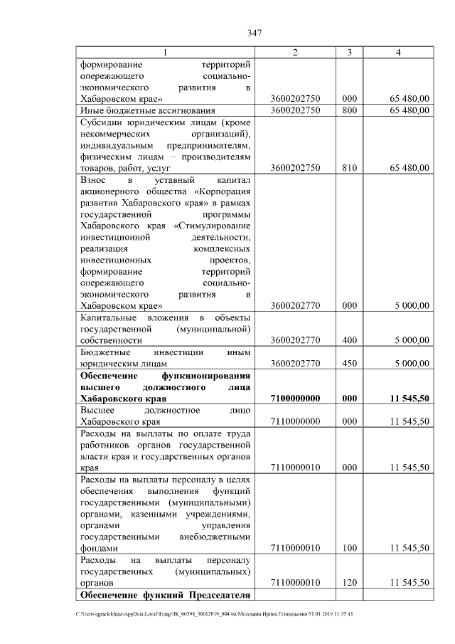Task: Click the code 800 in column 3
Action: (349, 110)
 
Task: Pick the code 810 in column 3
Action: (349, 168)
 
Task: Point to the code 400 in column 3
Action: (349, 341)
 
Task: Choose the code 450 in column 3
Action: (349, 364)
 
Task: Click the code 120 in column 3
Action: (349, 583)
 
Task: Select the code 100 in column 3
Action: (349, 548)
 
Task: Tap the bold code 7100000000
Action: (295, 398)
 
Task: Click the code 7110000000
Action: (295, 421)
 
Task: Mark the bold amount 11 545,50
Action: (404, 398)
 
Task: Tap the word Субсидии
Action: (102, 122)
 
